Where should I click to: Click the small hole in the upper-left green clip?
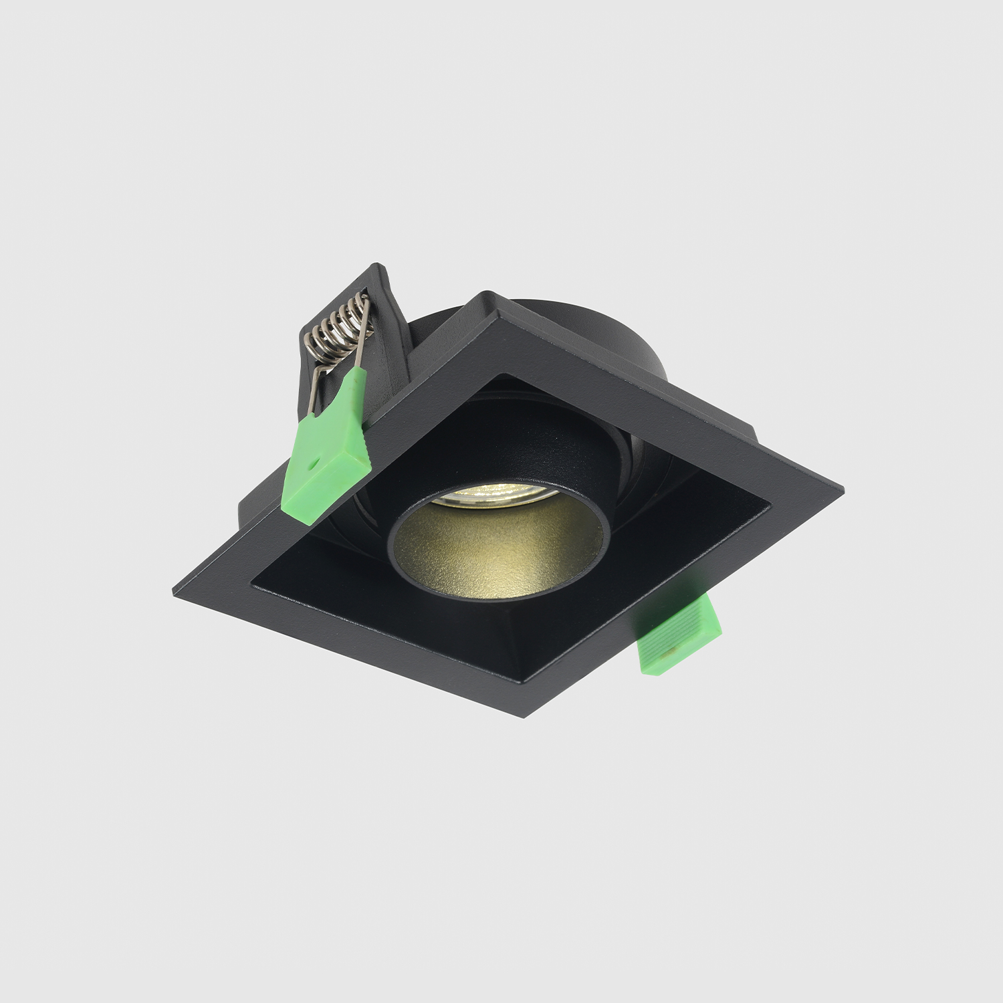312,461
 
